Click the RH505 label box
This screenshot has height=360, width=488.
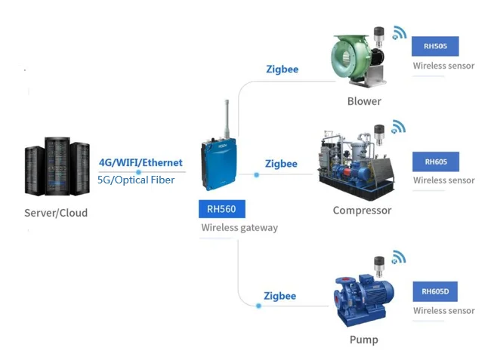[435, 46]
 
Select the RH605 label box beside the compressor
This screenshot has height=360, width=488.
[435, 162]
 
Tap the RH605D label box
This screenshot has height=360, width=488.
[435, 291]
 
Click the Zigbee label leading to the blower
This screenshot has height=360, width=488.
[282, 69]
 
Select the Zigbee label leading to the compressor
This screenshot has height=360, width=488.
[281, 164]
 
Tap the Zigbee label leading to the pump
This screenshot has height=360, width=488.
[280, 296]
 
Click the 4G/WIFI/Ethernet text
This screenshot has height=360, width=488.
[141, 162]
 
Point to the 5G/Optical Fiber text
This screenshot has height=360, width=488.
[136, 180]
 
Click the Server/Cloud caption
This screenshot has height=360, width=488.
[56, 213]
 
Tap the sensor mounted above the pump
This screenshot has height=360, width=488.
[379, 266]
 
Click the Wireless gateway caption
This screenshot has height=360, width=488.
[239, 227]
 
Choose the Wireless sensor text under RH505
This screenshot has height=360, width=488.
[443, 66]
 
